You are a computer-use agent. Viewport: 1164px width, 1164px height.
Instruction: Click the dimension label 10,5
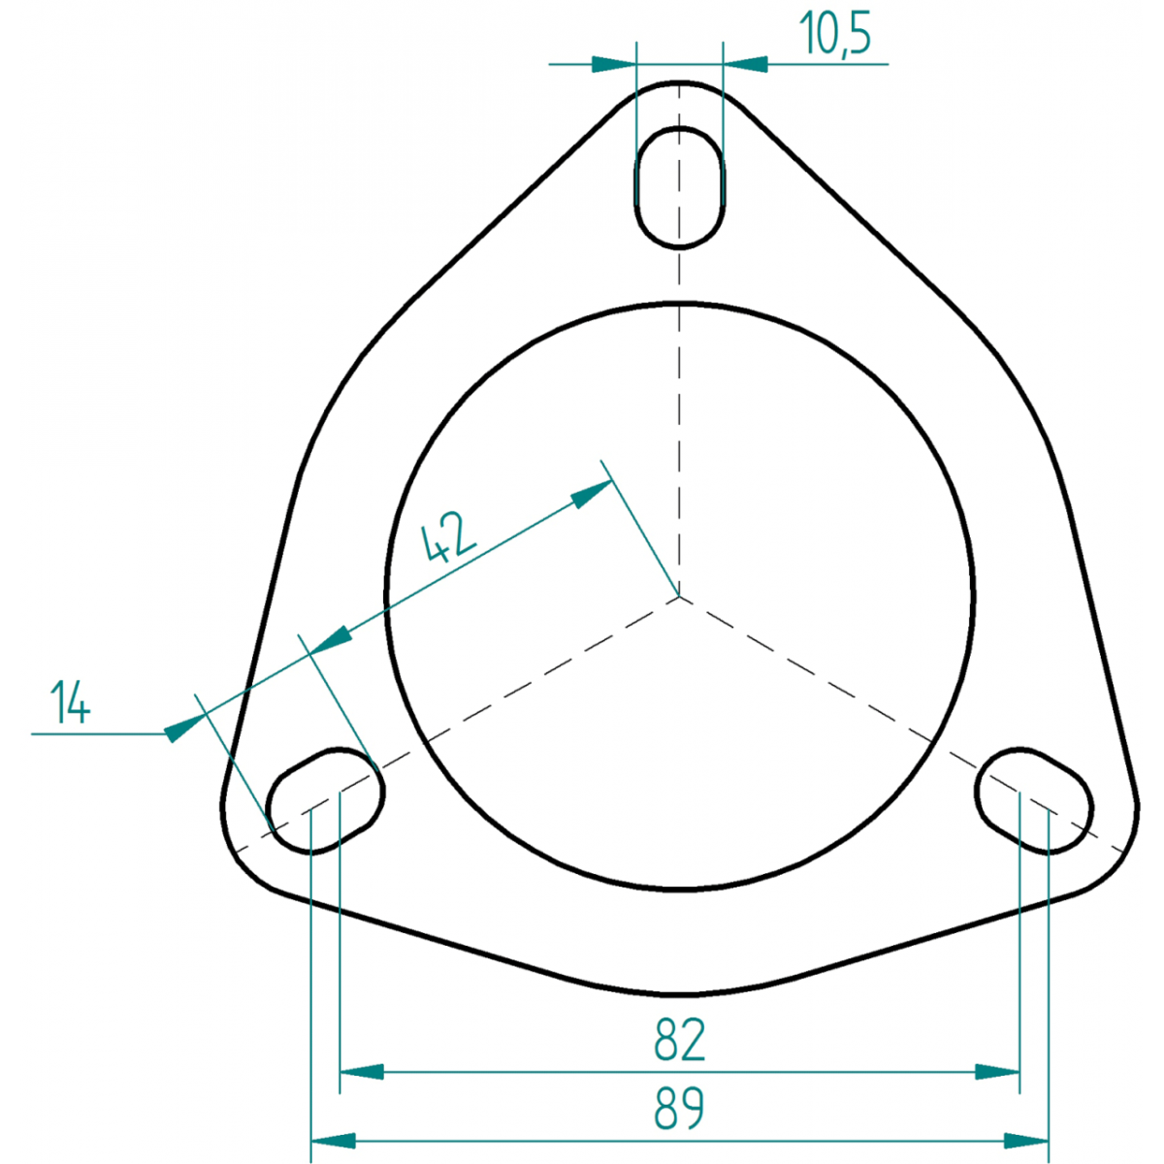coord(835,33)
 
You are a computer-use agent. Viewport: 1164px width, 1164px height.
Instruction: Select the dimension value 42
coord(449,535)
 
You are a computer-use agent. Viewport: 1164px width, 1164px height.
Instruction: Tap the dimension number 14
coord(71,701)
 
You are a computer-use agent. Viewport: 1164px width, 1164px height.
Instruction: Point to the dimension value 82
coord(680,1040)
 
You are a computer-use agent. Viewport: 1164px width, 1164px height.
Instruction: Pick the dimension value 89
coord(680,1109)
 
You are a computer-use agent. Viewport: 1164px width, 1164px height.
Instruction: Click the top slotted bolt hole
coord(680,187)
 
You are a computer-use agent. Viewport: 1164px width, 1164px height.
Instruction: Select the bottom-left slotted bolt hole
coord(326,800)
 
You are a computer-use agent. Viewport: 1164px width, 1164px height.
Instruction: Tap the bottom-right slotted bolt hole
coord(1033,800)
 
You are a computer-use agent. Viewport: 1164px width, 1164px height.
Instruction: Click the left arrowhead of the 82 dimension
coord(362,1072)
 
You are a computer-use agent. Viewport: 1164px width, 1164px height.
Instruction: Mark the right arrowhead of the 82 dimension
coord(997,1072)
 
